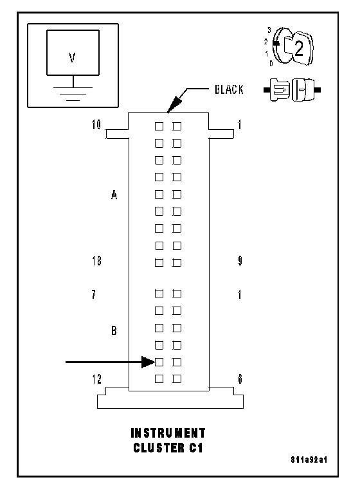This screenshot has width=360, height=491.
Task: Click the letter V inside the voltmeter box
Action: click(x=73, y=58)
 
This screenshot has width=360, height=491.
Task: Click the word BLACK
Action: click(x=229, y=89)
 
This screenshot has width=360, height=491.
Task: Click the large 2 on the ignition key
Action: click(x=299, y=48)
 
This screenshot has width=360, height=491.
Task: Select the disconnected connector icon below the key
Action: click(x=292, y=90)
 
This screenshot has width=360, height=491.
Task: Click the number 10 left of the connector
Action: click(x=96, y=125)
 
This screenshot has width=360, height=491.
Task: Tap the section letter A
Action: click(x=114, y=195)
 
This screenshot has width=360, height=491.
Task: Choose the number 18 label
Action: click(x=96, y=261)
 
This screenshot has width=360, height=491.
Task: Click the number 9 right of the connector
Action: click(x=240, y=260)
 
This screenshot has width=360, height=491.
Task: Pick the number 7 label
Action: click(x=94, y=294)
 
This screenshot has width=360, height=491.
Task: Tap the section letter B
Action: click(x=114, y=330)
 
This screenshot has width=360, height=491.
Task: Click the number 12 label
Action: click(x=96, y=379)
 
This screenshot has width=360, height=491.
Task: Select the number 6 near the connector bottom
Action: click(x=240, y=379)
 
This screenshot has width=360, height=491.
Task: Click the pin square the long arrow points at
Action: click(x=159, y=362)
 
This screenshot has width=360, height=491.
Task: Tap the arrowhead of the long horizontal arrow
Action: click(x=148, y=362)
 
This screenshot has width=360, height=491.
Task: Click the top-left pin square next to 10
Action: click(x=159, y=126)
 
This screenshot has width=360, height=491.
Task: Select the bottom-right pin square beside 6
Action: click(x=177, y=379)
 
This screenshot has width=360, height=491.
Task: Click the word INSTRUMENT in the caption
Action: click(x=168, y=433)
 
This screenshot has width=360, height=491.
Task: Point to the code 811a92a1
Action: click(x=309, y=460)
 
